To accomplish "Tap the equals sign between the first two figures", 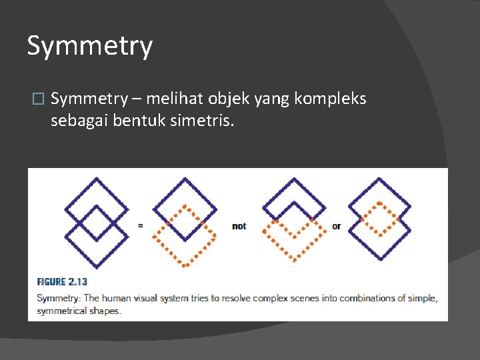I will point(140,225).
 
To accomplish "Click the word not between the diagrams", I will point(239,226).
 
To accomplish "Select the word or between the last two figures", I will point(336,226).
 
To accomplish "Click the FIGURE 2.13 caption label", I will point(62,282).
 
